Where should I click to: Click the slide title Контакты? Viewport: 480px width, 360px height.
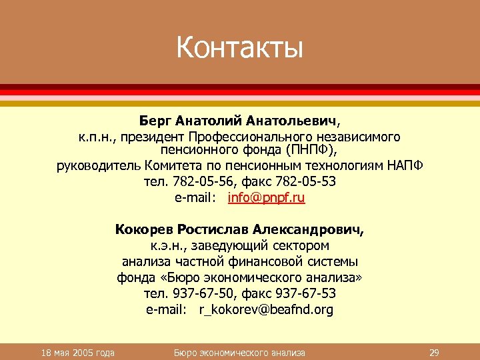(x=239, y=48)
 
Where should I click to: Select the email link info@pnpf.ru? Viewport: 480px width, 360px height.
(x=267, y=197)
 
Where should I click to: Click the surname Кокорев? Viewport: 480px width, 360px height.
(x=143, y=230)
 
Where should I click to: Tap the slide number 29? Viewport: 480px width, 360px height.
(x=433, y=352)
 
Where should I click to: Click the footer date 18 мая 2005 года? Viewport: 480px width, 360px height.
(x=77, y=352)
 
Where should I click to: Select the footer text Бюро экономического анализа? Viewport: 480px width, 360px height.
(x=239, y=352)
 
